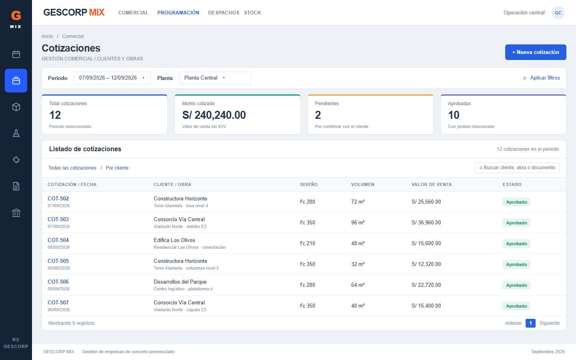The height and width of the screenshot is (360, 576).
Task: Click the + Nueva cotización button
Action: pos(535,52)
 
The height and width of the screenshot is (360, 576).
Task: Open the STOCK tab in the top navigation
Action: pos(252,13)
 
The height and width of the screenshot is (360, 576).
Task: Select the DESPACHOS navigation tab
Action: pos(224,13)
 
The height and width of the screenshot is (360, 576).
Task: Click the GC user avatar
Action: pos(558,13)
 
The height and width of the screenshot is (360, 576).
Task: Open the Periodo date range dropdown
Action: pos(112,78)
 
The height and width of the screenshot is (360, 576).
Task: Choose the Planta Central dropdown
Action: pos(215,78)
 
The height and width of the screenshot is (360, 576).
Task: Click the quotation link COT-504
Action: pos(58,240)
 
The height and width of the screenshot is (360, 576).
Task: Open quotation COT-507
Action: pos(58,303)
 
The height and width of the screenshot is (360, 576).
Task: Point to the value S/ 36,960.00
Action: pos(426,223)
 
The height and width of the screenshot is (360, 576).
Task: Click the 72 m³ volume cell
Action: pos(358,202)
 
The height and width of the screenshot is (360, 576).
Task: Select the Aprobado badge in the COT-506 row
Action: pos(516,285)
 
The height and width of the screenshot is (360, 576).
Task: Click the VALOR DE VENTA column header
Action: pos(432,184)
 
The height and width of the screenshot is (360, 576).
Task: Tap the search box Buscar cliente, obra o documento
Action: pos(517,168)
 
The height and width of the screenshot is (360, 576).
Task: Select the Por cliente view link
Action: pos(117,168)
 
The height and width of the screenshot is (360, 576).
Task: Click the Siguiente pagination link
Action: pos(549,323)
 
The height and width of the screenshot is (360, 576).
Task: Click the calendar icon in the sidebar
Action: pos(16,54)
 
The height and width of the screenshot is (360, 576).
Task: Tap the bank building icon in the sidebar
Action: pos(16,213)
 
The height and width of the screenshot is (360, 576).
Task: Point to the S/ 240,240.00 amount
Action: pos(214,115)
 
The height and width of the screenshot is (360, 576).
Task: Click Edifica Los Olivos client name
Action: pos(174,240)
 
